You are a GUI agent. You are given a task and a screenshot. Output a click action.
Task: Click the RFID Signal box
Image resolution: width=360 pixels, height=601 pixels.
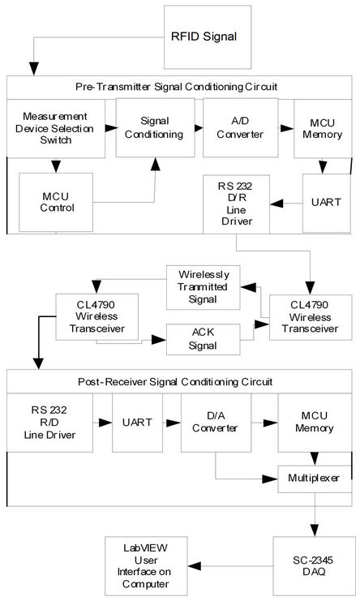pyautogui.click(x=204, y=36)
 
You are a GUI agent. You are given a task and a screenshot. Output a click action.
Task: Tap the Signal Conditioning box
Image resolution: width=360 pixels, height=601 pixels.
pyautogui.click(x=155, y=127)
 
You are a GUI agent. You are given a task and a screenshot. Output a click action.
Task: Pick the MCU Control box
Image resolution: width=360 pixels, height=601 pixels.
pyautogui.click(x=58, y=202)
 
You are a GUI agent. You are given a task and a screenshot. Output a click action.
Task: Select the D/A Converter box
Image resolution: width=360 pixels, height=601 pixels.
pyautogui.click(x=214, y=423)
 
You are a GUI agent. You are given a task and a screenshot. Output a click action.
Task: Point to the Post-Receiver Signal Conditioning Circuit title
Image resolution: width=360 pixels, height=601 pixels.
pyautogui.click(x=180, y=381)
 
